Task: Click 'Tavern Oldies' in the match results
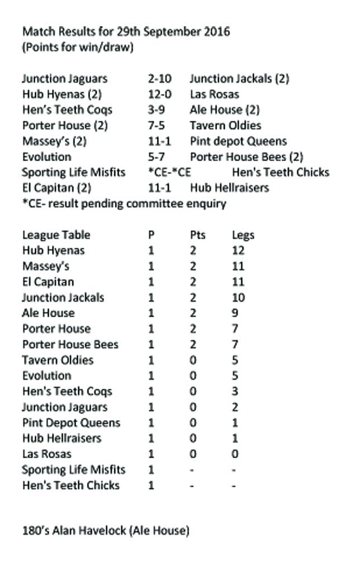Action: pos(225,126)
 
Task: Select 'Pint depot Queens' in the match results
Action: pos(238,142)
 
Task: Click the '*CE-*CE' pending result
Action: pos(168,172)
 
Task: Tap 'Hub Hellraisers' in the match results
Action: pos(229,188)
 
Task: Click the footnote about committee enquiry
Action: pos(124,204)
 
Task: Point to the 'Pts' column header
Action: pos(198,235)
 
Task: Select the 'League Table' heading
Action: pos(56,235)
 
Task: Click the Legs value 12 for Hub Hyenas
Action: pos(238,251)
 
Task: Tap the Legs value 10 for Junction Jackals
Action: pos(238,298)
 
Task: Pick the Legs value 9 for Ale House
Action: pos(235,313)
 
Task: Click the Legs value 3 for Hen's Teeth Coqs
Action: pos(235,392)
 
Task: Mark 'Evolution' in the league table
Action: pos(47,376)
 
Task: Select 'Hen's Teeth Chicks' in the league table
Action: pos(71,486)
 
